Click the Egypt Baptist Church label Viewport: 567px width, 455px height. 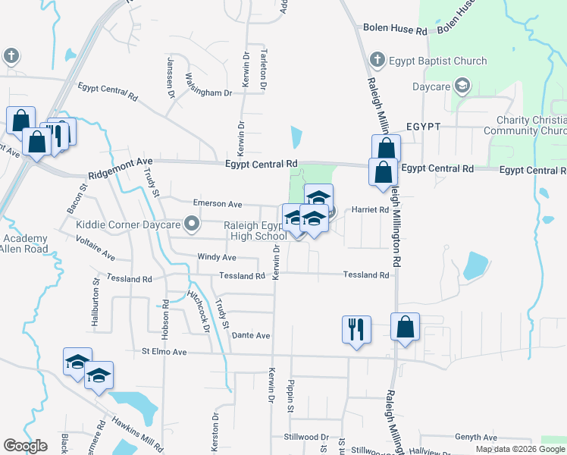[438, 61]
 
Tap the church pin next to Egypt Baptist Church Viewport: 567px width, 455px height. [377, 60]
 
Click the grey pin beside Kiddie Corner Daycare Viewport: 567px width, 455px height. [193, 224]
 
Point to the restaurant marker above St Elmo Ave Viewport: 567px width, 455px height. [356, 329]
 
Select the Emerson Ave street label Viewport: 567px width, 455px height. [217, 204]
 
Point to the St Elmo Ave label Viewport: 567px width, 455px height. [164, 352]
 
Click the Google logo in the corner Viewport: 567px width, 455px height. [25, 445]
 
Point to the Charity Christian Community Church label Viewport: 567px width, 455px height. [531, 125]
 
